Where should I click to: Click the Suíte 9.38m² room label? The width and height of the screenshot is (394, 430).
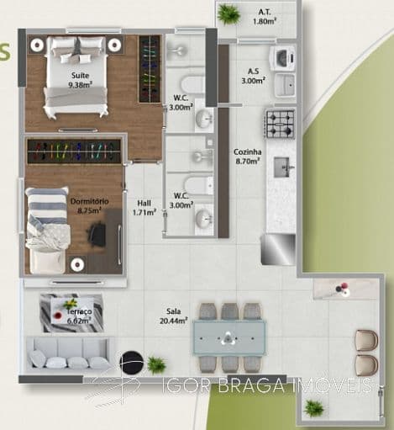[x=81, y=80]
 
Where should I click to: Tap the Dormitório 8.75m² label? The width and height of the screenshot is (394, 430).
[x=89, y=206]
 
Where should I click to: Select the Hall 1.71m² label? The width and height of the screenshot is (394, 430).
[x=144, y=208]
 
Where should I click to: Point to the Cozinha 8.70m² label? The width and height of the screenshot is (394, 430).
[x=248, y=157]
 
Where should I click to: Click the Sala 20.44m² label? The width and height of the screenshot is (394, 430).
[x=174, y=316]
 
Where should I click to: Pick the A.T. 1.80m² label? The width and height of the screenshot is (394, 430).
[x=265, y=17]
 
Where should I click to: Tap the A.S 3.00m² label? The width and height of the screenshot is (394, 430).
[x=254, y=76]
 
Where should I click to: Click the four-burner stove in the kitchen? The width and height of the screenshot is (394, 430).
[x=281, y=124]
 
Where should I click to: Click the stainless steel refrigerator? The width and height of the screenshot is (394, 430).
[x=278, y=249]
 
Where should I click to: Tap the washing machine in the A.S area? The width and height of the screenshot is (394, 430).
[x=283, y=58]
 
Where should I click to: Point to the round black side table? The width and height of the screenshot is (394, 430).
[x=132, y=363]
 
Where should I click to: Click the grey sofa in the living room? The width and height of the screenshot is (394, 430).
[x=68, y=353]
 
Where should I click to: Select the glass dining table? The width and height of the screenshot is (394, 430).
[x=229, y=338]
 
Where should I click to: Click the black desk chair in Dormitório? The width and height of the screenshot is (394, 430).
[x=97, y=234]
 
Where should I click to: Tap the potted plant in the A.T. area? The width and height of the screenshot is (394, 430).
[x=229, y=15]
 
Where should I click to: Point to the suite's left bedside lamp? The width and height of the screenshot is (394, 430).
[x=37, y=45]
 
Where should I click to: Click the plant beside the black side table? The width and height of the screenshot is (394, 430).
[x=157, y=365]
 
